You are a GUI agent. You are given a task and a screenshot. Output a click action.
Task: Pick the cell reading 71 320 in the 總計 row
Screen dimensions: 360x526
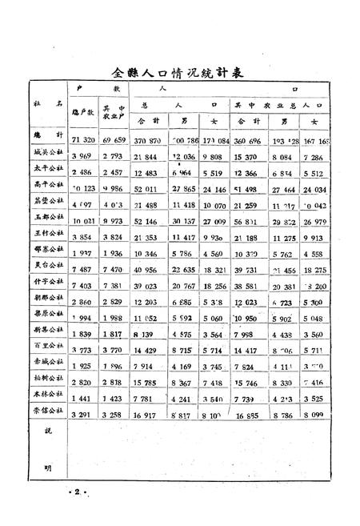tap(83, 139)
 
